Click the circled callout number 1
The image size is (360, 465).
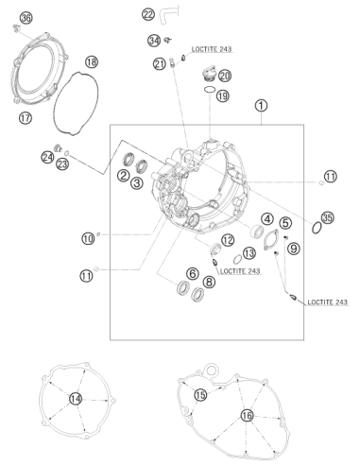(261, 106)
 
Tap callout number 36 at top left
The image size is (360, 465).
(26, 18)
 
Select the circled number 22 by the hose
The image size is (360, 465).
(148, 14)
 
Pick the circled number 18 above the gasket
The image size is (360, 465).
(92, 61)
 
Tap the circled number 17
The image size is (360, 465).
(26, 118)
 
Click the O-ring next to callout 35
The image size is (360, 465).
(317, 228)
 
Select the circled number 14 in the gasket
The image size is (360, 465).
(76, 399)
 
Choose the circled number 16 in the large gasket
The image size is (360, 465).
(247, 416)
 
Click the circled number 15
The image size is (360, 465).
(200, 394)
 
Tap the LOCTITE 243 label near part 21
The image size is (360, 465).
(212, 49)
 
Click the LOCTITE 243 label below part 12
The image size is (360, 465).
(240, 271)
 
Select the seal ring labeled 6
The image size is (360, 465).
(183, 287)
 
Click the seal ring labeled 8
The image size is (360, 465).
(197, 295)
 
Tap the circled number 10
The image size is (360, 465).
(88, 238)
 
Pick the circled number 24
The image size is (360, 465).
(47, 157)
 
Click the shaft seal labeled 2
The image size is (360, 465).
(129, 159)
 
